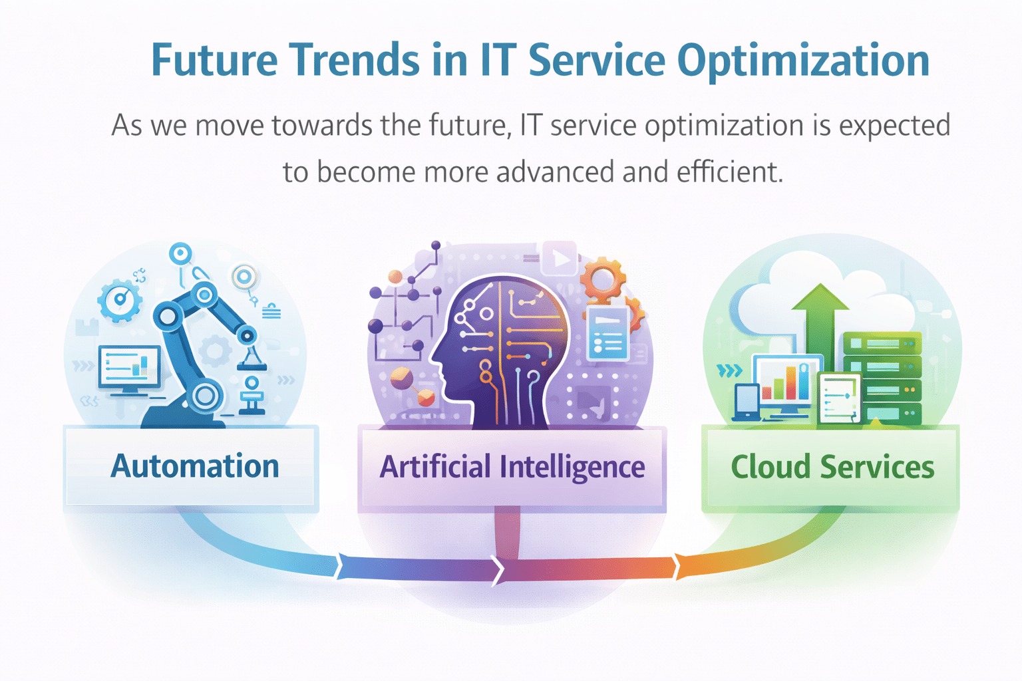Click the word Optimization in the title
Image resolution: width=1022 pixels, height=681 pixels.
tap(803, 61)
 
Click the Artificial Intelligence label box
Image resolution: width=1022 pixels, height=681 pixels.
tap(512, 468)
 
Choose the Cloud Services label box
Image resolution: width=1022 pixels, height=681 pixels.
tap(831, 468)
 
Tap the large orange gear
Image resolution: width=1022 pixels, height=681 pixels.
tap(603, 280)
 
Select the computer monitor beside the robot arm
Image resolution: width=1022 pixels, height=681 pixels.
tap(129, 368)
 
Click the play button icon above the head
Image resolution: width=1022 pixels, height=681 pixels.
tap(560, 259)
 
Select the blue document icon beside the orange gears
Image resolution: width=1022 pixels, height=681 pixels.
tap(607, 333)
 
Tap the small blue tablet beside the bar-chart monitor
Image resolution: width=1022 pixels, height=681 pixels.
tap(746, 402)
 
